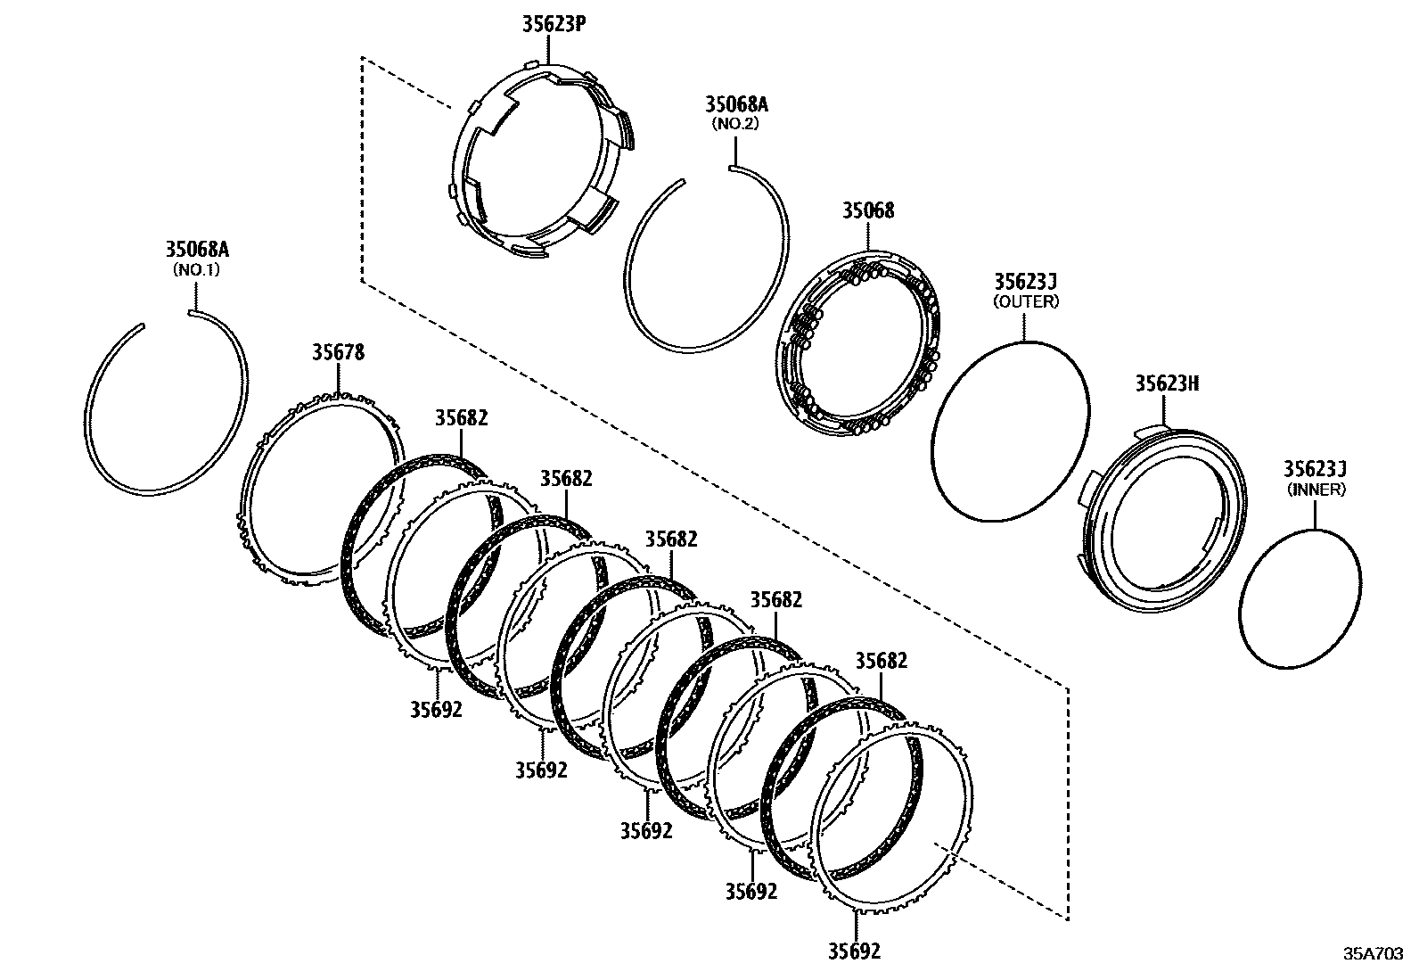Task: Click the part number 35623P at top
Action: pyautogui.click(x=554, y=24)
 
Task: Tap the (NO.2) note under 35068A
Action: pyautogui.click(x=735, y=124)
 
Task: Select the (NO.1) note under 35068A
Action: pyautogui.click(x=195, y=268)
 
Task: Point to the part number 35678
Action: pyautogui.click(x=338, y=352)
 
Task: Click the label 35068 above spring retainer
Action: pyautogui.click(x=868, y=211)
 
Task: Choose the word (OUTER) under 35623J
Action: pyautogui.click(x=1026, y=301)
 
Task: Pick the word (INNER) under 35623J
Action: pyautogui.click(x=1316, y=489)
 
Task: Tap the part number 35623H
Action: pyautogui.click(x=1167, y=383)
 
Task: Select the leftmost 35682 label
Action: pyautogui.click(x=462, y=417)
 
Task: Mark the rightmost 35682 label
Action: pyautogui.click(x=881, y=661)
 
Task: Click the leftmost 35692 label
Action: pyautogui.click(x=437, y=709)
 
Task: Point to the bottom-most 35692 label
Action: pyautogui.click(x=854, y=951)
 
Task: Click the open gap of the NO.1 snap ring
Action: pyautogui.click(x=167, y=317)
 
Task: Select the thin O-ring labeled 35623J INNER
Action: pyautogui.click(x=1242, y=615)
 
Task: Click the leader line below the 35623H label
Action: pyautogui.click(x=1164, y=411)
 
